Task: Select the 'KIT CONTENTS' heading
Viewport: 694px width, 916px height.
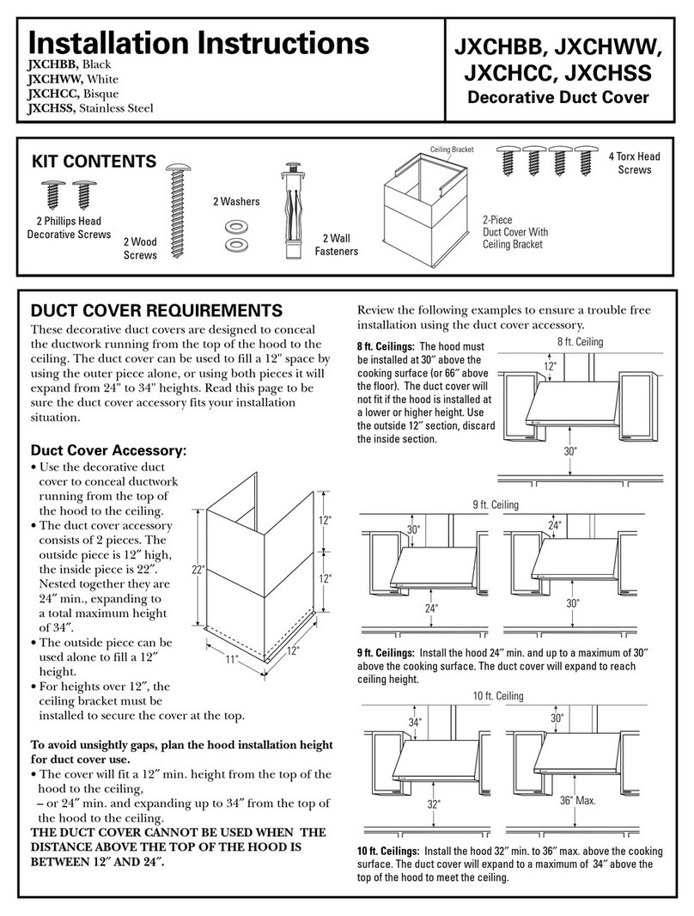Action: (x=94, y=162)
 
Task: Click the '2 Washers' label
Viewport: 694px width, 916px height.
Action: (x=235, y=201)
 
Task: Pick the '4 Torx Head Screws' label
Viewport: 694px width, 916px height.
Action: (x=634, y=163)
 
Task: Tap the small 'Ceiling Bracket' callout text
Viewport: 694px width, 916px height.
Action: (x=452, y=150)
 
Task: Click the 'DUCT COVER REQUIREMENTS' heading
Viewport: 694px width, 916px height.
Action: (x=155, y=310)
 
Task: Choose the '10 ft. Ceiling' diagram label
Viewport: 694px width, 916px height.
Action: (x=497, y=695)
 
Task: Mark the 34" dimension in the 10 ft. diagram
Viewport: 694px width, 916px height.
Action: (x=415, y=723)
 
